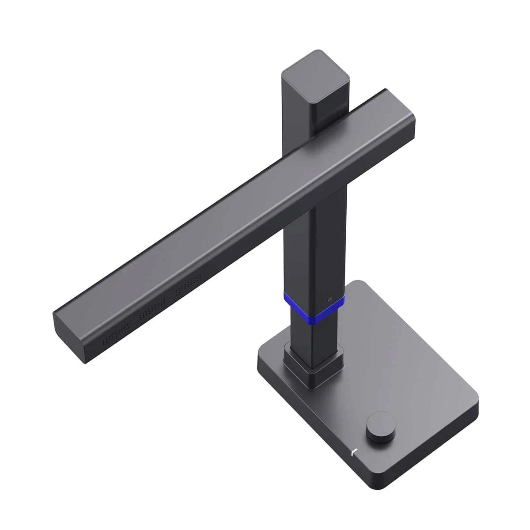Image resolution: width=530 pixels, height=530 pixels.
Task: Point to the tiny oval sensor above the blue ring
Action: [x=329, y=300]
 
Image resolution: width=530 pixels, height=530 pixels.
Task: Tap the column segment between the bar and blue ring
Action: [x=314, y=247]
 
